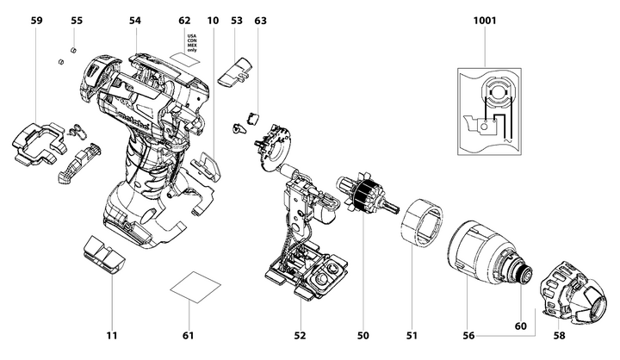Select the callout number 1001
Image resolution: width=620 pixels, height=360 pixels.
coord(484,19)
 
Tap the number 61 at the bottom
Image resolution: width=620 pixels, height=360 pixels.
coord(188,334)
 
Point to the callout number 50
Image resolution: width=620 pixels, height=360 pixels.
coord(363,334)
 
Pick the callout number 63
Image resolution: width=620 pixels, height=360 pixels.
coord(260,19)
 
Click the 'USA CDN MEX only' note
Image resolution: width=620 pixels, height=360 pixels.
coord(191,42)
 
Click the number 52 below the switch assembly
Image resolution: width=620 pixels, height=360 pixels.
coord(300,334)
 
